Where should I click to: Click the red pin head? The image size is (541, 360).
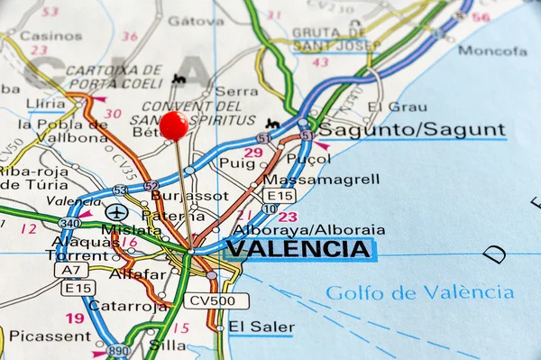click(174, 125)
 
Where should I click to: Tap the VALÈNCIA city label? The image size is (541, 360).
click(298, 249)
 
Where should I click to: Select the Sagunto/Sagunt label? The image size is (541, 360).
click(411, 130)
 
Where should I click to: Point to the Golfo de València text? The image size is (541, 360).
click(420, 292)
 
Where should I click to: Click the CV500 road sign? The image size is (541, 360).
click(216, 300)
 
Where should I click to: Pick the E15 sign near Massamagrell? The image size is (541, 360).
click(280, 195)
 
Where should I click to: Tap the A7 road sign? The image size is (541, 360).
click(70, 269)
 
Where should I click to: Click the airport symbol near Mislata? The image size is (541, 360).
click(116, 212)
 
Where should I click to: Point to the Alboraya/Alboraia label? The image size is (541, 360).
click(308, 229)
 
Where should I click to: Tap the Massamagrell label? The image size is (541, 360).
click(320, 180)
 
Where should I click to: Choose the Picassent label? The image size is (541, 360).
click(50, 336)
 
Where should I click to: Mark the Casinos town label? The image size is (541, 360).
click(50, 36)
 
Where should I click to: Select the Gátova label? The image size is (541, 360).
click(196, 21)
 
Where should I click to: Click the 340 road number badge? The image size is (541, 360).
click(69, 222)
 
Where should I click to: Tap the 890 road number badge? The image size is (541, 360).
click(118, 349)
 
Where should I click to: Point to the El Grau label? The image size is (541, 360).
click(385, 106)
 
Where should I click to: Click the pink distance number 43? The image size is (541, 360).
click(320, 62)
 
